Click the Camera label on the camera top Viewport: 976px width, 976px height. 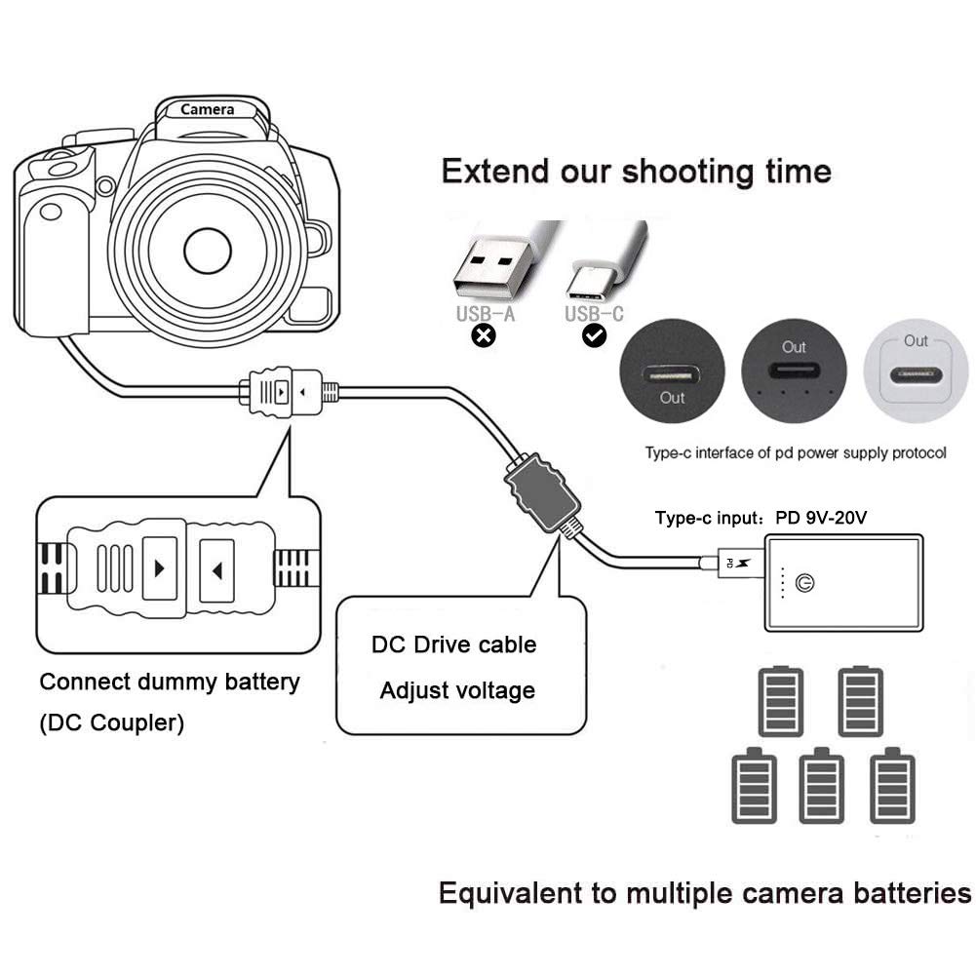[207, 110]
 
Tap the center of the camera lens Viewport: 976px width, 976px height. [207, 250]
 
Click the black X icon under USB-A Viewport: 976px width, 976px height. [484, 335]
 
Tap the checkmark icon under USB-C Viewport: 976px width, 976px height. [594, 335]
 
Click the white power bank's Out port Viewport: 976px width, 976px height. [915, 374]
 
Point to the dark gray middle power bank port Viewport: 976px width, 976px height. [794, 371]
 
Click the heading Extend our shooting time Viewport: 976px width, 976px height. [636, 172]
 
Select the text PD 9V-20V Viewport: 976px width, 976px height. [825, 519]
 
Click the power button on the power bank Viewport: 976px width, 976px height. [805, 584]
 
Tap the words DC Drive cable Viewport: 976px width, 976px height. [453, 644]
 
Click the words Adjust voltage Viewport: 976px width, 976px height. [457, 690]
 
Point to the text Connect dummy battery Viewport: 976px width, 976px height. [170, 682]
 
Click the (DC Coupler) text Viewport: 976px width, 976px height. [111, 724]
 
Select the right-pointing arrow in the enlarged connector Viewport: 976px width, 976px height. [160, 566]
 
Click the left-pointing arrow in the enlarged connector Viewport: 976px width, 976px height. [216, 566]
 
